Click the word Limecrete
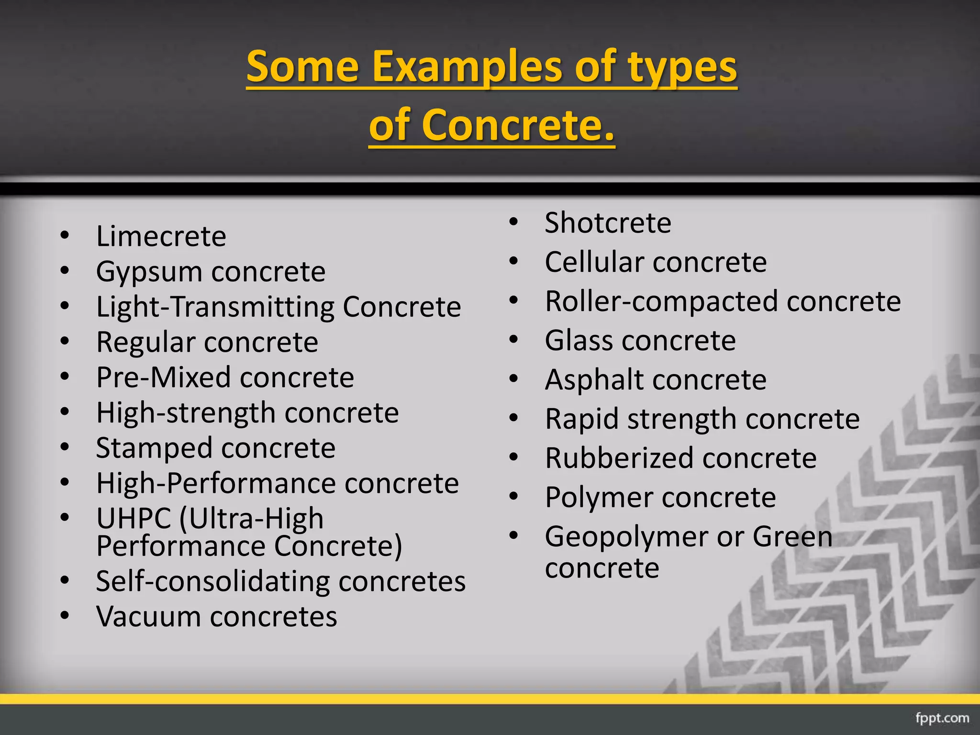[x=161, y=236]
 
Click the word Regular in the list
[x=146, y=343]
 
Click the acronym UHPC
[x=134, y=519]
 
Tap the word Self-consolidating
[x=212, y=581]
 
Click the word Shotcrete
[x=608, y=223]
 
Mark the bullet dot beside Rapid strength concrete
[x=514, y=418]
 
